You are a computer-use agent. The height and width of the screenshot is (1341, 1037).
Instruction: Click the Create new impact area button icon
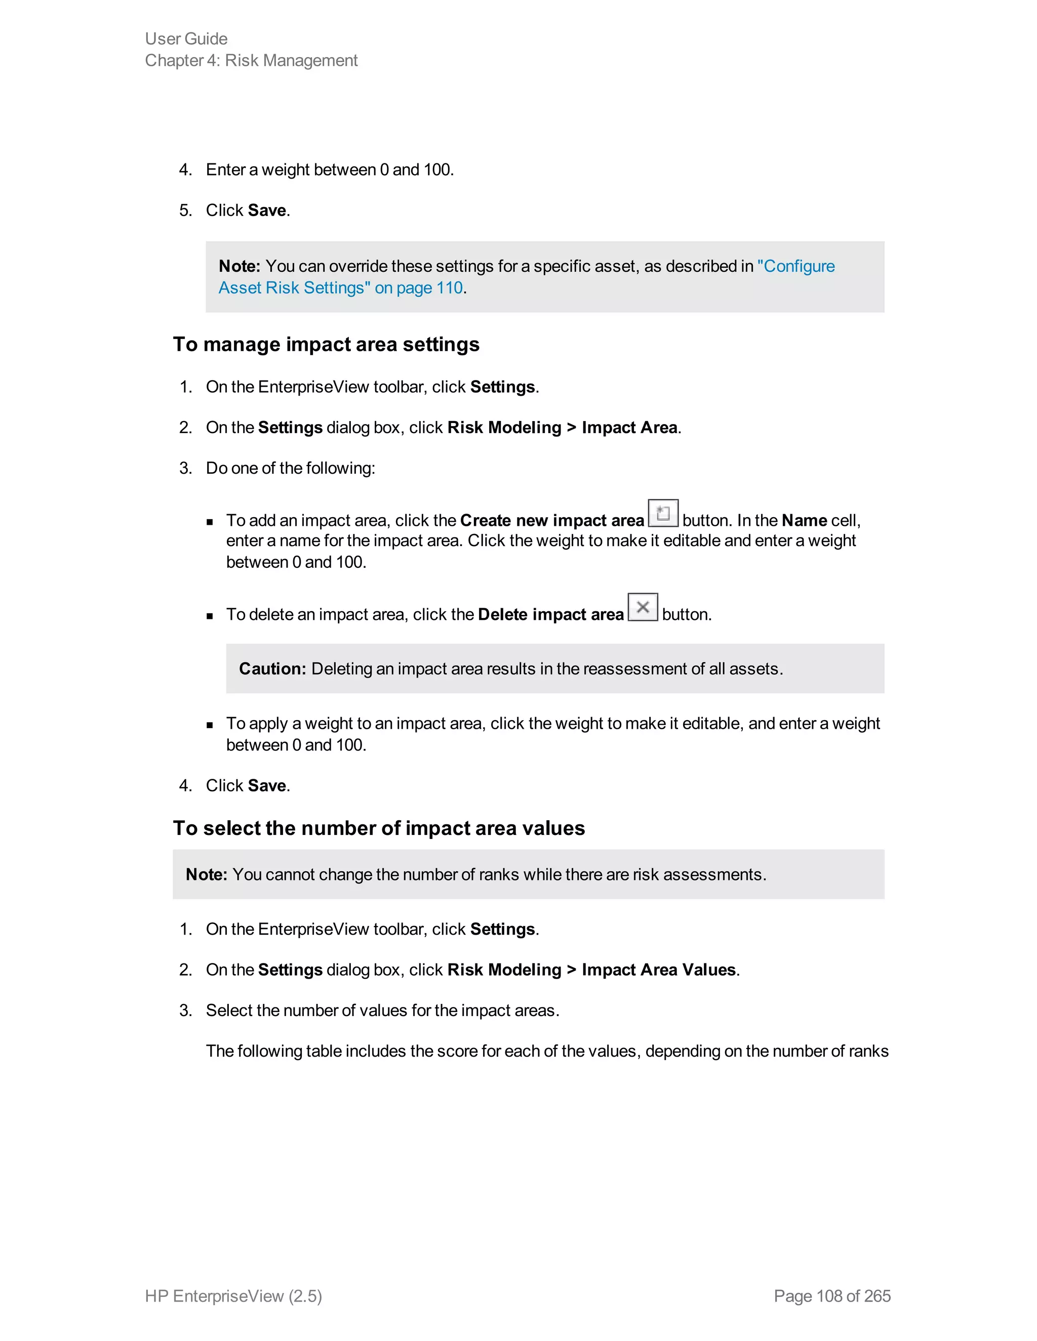663,513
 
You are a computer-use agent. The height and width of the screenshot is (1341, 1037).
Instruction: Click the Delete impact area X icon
643,607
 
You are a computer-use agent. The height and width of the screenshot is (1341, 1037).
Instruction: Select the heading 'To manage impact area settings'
326,345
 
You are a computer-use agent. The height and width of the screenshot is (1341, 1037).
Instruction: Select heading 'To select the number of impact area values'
378,828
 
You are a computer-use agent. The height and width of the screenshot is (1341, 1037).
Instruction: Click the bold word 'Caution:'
272,668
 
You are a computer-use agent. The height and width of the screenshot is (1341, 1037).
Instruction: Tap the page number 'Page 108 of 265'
832,1295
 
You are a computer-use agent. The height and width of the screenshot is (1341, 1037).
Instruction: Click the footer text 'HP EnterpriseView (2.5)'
233,1295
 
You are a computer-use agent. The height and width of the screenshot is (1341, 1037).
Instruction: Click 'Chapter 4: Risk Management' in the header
251,61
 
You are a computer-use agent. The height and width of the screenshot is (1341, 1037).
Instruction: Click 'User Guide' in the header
186,38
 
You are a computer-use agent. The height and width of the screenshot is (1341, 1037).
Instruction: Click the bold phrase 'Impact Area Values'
659,970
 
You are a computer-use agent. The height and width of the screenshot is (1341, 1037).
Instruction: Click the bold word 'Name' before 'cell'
804,521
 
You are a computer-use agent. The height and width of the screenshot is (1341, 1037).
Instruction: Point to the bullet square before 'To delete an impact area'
210,616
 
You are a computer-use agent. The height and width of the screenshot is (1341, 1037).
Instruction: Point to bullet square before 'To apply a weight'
210,725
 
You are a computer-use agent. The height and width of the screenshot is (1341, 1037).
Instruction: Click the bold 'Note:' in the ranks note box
207,874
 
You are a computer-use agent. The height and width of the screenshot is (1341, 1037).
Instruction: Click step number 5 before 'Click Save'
185,211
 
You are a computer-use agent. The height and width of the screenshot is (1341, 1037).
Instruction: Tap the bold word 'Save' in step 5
267,211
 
